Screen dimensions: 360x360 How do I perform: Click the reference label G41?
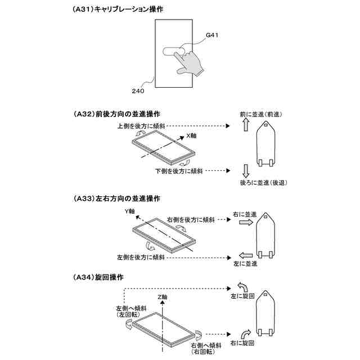click(x=212, y=35)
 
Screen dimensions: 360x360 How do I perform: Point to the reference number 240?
click(x=138, y=90)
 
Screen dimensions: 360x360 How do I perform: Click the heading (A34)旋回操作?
click(x=98, y=277)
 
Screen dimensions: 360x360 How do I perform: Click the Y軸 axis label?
click(x=130, y=211)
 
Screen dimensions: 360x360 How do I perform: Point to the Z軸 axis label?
click(x=163, y=296)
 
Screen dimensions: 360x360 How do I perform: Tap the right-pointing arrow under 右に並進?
click(x=246, y=223)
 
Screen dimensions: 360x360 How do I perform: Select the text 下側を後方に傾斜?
click(x=179, y=170)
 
